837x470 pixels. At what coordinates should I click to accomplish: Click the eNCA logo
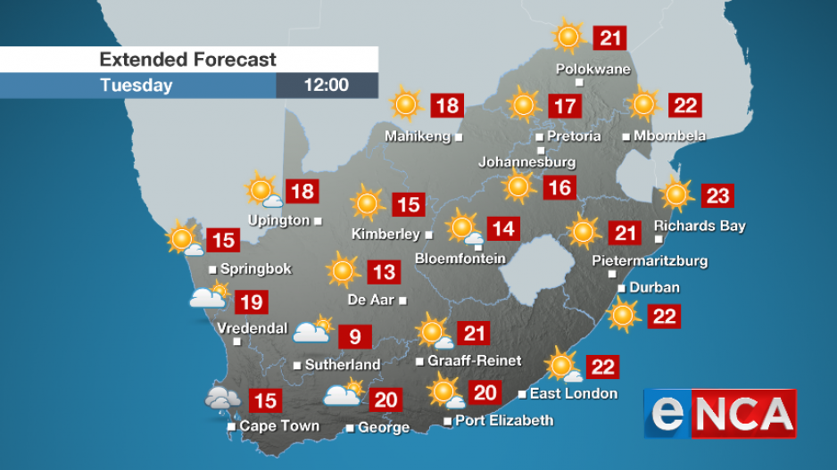click(720, 414)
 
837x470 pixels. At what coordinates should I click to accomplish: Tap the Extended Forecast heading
click(187, 60)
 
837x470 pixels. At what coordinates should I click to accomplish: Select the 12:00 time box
click(327, 86)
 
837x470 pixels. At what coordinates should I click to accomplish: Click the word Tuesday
click(137, 86)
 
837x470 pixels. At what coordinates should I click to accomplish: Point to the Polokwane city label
click(593, 69)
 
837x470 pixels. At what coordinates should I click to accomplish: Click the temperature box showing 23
click(717, 195)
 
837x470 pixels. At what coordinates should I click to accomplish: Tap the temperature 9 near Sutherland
click(354, 336)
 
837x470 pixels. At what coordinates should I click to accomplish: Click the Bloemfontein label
click(460, 259)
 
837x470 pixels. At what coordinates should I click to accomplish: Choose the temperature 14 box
click(503, 229)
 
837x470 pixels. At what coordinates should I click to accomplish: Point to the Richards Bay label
click(700, 226)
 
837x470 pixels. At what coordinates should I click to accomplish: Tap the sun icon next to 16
click(518, 187)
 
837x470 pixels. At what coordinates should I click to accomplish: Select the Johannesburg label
click(526, 162)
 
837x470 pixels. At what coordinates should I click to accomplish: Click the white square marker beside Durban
click(622, 287)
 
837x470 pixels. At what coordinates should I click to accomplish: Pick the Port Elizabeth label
click(504, 420)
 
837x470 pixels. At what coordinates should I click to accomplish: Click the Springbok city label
click(255, 268)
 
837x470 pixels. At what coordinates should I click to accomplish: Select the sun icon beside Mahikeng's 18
click(406, 105)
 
